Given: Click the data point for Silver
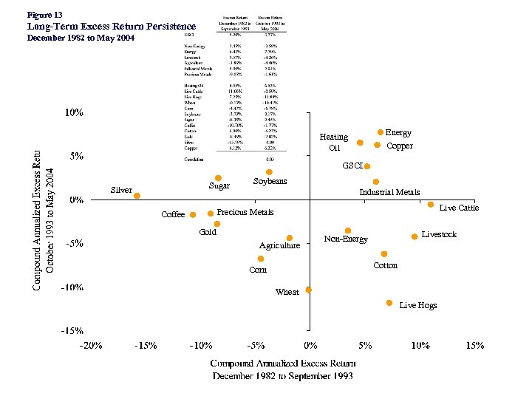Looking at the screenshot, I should click(x=137, y=196).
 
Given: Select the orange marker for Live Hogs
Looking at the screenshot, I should click(x=389, y=303).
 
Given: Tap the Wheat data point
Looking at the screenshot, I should click(x=309, y=290).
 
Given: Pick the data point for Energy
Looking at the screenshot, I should click(x=381, y=132).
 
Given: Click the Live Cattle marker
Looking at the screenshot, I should click(x=431, y=204).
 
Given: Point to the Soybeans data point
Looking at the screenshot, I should click(x=269, y=172).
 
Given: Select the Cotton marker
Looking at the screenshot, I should click(x=384, y=254).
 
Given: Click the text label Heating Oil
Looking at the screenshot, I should click(x=333, y=142).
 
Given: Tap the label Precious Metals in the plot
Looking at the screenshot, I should click(x=245, y=212).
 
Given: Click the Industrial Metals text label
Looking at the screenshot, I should click(x=389, y=192).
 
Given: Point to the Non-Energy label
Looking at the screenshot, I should click(x=346, y=239).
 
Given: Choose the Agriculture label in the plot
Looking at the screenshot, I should click(x=279, y=245).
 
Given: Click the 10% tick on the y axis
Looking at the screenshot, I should click(x=74, y=113).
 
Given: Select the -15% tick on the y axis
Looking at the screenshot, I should click(x=72, y=330).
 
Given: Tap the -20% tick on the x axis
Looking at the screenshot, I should click(x=91, y=345).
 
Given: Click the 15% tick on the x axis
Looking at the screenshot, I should click(x=474, y=345).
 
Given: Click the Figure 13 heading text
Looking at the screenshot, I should click(x=44, y=15).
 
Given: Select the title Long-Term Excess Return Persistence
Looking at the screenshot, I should click(x=111, y=27).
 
